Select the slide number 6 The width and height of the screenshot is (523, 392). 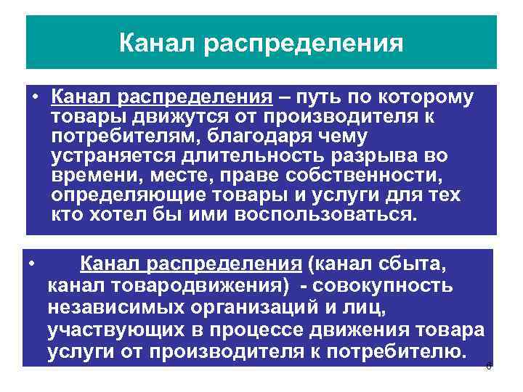[x=489, y=366]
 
